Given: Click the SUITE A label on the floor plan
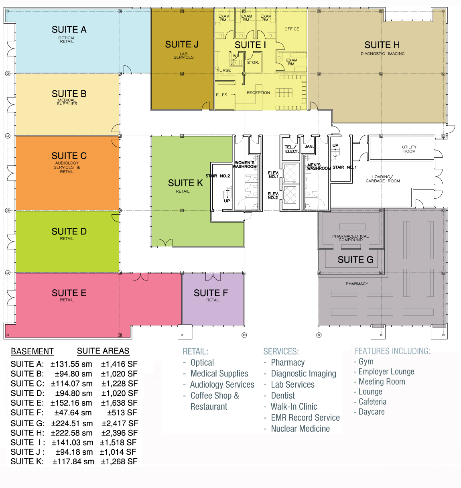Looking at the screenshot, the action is tap(69, 29).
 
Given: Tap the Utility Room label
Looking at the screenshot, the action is tap(409, 149).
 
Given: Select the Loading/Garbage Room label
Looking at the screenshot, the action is tap(383, 179).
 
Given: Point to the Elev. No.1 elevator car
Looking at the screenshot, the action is tap(290, 173).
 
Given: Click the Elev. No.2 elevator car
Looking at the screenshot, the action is tap(290, 195).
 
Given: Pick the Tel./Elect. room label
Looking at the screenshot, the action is tap(292, 149).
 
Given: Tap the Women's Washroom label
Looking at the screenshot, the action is tap(244, 165).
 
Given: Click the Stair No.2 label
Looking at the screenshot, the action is tap(218, 176).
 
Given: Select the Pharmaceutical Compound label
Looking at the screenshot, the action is tap(350, 238).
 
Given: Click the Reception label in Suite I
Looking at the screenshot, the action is tap(258, 93).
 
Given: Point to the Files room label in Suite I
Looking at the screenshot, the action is tap(221, 95).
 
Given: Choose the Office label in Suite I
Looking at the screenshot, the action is tap(292, 29).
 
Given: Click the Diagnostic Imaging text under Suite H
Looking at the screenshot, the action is tap(383, 53).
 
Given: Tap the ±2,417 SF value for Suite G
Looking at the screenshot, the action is tap(120, 423).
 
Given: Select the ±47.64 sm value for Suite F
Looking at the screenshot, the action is tap(73, 412).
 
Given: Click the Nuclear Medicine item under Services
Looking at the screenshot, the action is tap(300, 429).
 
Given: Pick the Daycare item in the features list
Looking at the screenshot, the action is tap(372, 412).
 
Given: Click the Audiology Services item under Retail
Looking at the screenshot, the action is tap(222, 384).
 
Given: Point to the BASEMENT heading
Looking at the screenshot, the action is tap(32, 352).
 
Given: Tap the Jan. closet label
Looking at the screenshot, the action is tap(309, 146).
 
